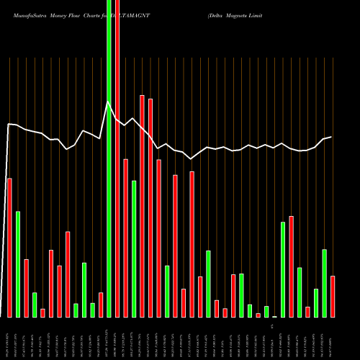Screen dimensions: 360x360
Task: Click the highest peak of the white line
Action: pyautogui.click(x=109, y=102)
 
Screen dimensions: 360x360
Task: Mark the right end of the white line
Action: pyautogui.click(x=331, y=137)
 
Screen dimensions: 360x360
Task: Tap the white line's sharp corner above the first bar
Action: pyautogui.click(x=9, y=125)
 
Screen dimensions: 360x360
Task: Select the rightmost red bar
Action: pyautogui.click(x=333, y=296)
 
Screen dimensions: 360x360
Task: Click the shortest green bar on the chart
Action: pyautogui.click(x=274, y=316)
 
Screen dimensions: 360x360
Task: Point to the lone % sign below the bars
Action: pyautogui.click(x=273, y=326)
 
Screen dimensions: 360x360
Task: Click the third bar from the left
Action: pyautogui.click(x=26, y=288)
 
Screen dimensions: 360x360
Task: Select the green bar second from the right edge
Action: pyautogui.click(x=316, y=302)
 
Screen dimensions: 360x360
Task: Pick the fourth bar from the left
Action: pyautogui.click(x=35, y=305)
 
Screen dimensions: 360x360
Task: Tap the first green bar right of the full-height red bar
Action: pyautogui.click(x=134, y=248)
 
